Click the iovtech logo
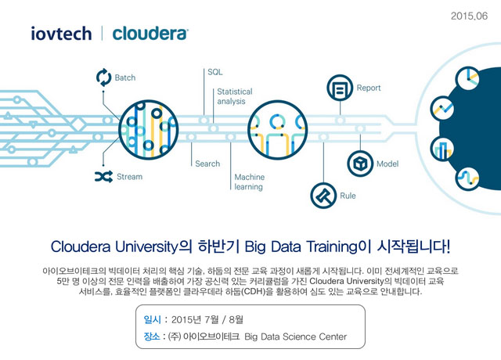click(61, 34)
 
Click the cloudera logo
click(150, 34)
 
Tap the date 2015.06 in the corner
click(469, 16)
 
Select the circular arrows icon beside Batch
click(104, 77)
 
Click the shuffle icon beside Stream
click(104, 176)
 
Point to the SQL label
click(215, 72)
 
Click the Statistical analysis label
click(235, 96)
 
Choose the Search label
click(207, 164)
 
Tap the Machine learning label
click(250, 182)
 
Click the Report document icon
click(340, 88)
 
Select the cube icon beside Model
click(360, 164)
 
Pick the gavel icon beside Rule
click(323, 196)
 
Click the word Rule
click(348, 196)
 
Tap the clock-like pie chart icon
click(468, 78)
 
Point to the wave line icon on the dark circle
click(468, 178)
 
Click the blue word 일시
click(153, 319)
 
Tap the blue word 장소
click(152, 337)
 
